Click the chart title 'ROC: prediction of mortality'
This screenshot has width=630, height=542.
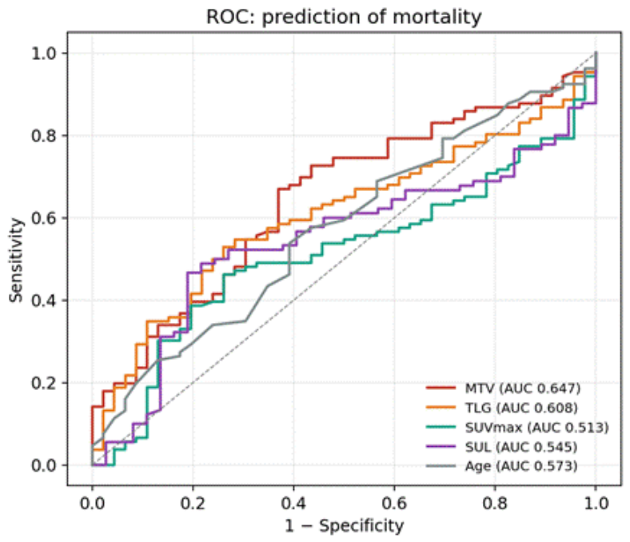(x=344, y=18)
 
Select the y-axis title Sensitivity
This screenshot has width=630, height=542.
(x=16, y=260)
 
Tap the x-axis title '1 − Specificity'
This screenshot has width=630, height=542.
(x=345, y=526)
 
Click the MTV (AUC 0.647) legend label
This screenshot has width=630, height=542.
(x=523, y=389)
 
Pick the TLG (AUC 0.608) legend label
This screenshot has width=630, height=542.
(x=521, y=408)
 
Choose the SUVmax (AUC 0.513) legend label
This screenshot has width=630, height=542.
(x=536, y=427)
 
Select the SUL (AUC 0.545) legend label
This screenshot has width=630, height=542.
(x=521, y=447)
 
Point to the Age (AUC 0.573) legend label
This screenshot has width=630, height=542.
(x=521, y=466)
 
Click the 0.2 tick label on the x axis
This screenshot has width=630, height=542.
(x=193, y=503)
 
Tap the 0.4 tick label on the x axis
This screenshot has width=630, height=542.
(x=293, y=503)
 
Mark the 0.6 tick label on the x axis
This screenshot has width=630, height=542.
(x=394, y=503)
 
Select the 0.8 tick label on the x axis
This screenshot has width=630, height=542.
(x=495, y=503)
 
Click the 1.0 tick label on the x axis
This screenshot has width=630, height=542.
(x=596, y=503)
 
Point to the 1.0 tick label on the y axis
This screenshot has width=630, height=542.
(x=44, y=53)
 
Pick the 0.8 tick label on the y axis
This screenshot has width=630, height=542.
(x=44, y=135)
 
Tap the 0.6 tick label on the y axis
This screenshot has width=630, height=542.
(x=44, y=217)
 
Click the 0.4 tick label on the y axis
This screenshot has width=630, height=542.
(x=44, y=300)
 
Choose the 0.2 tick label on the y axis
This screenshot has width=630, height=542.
(x=44, y=382)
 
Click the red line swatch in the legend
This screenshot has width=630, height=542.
(x=441, y=388)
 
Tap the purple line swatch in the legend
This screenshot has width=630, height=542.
(x=441, y=446)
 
